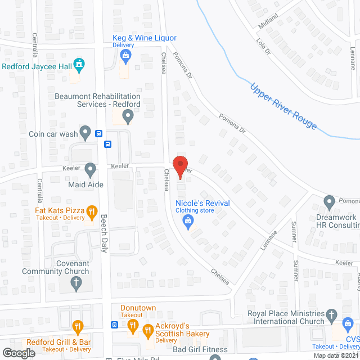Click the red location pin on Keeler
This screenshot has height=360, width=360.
pos(179,166)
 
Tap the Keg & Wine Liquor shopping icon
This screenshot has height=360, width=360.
pos(125,55)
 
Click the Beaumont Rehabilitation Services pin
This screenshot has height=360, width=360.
pos(128,116)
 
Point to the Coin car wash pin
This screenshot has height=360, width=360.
pos(85,133)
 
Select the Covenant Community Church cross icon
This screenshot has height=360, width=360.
pos(76,283)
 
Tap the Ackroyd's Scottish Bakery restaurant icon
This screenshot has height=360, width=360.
pos(148,330)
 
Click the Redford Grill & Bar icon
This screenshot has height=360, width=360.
pos(78,326)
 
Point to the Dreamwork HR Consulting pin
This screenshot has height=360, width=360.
pos(329,201)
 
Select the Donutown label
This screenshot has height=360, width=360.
pos(138,308)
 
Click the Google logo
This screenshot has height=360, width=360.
pos(19,353)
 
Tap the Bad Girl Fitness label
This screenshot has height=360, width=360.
pos(197,350)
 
